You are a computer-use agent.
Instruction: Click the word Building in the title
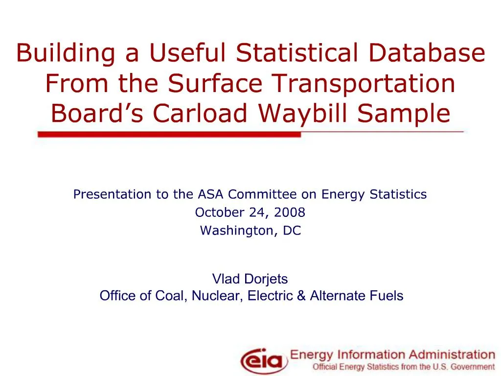pos(66,53)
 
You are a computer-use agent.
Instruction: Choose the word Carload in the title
pos(200,113)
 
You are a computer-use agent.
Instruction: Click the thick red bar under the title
pos(169,135)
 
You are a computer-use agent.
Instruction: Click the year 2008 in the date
pos(290,212)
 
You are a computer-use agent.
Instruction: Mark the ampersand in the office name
pos(301,296)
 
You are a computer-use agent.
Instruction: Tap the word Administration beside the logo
pos(452,354)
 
